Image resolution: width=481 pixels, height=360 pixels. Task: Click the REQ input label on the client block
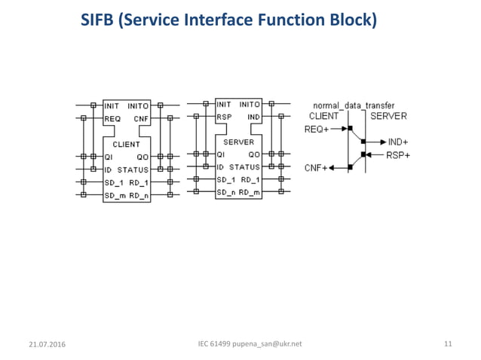pos(112,118)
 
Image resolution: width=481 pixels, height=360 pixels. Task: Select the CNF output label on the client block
pos(141,118)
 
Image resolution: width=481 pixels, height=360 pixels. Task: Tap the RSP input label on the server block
pos(224,117)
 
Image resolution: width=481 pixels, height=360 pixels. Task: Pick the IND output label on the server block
pos(253,117)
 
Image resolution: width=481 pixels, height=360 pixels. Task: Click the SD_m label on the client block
pos(115,195)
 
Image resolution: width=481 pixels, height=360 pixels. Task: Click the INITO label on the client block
pos(138,105)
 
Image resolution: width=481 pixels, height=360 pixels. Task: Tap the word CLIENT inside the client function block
pos(126,144)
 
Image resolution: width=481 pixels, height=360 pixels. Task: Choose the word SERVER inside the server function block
pos(238,142)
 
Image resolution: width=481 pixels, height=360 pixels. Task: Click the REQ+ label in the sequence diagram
pos(316,129)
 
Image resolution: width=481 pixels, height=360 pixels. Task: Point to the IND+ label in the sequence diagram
pos(398,142)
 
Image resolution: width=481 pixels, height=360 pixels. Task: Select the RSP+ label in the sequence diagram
pos(398,155)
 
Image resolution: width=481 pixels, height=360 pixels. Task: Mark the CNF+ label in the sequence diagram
pos(315,168)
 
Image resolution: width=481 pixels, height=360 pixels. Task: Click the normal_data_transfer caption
pos(354,106)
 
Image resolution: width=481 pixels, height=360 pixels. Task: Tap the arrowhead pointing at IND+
pos(383,142)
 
